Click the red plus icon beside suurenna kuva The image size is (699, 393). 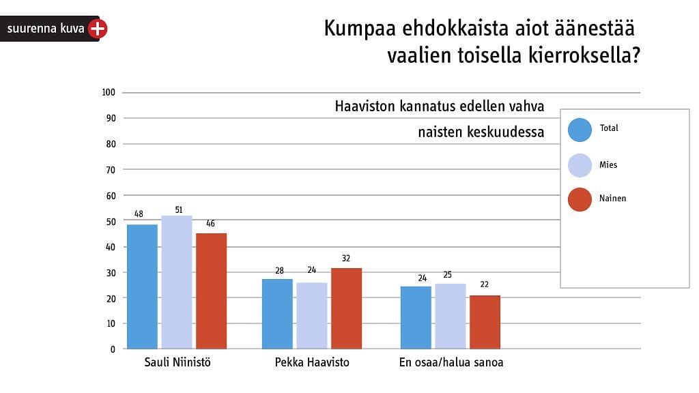click(98, 29)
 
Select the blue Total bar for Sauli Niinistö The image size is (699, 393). click(142, 287)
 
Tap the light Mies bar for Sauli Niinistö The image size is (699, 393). click(177, 282)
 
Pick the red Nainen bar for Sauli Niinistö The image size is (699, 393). click(211, 291)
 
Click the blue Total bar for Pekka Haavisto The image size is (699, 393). click(277, 314)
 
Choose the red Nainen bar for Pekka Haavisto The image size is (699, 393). click(346, 308)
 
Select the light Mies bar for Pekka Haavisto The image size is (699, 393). click(311, 315)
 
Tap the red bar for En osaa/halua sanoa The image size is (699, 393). click(485, 322)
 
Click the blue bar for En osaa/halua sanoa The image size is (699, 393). click(416, 317)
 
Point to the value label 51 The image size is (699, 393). click(177, 208)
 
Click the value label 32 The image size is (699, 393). click(346, 259)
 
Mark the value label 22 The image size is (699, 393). click(485, 285)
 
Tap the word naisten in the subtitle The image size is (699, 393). click(440, 132)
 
